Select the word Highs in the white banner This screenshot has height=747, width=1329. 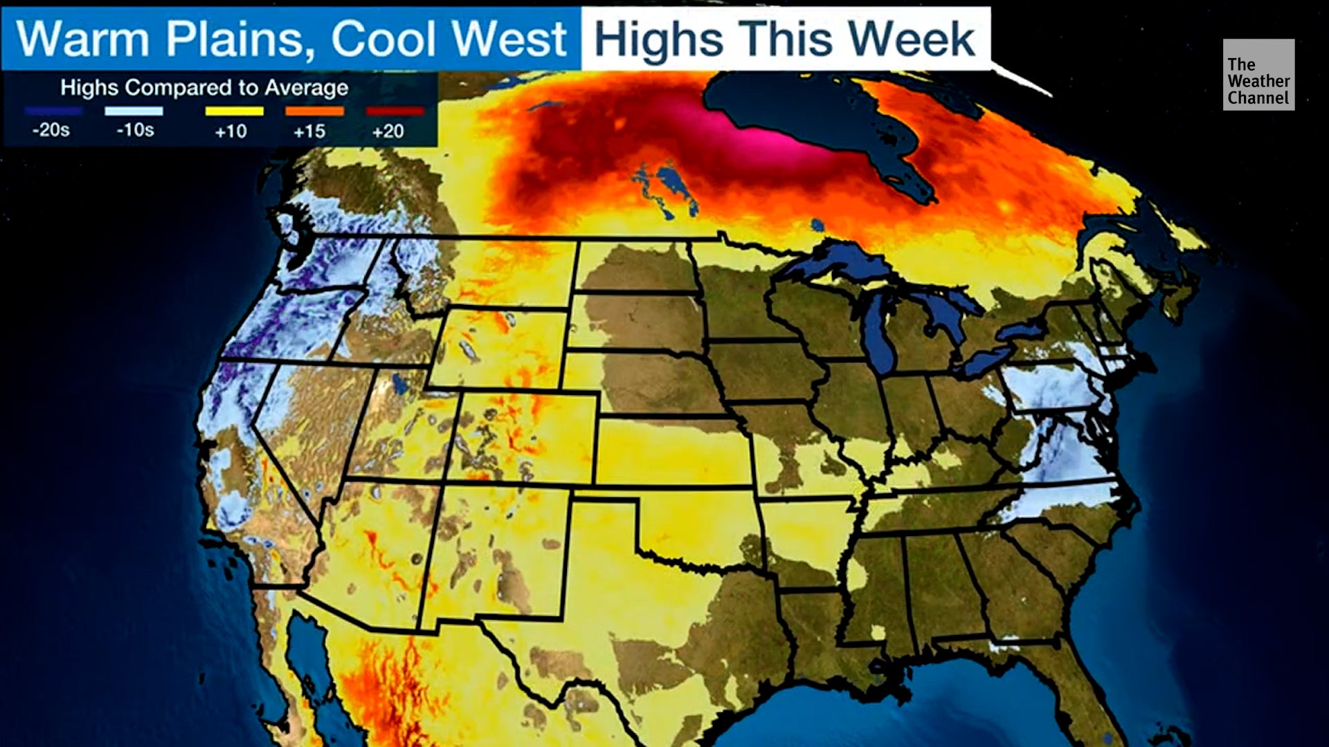point(658,39)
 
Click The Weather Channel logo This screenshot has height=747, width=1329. point(1258,75)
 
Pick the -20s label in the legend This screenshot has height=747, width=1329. point(51,130)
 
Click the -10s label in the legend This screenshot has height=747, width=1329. point(135,130)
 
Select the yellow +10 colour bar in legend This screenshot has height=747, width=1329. point(234,111)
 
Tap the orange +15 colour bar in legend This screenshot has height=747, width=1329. point(314,111)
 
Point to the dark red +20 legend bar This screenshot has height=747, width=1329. point(395,111)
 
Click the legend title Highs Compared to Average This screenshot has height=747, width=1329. point(204,88)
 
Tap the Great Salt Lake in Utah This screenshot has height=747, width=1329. point(399,384)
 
